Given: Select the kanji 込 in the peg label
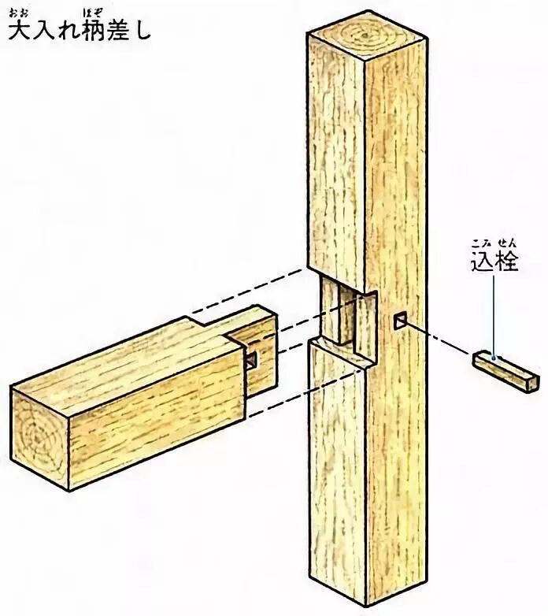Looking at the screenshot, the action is pyautogui.click(x=482, y=261).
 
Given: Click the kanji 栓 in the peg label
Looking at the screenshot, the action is pyautogui.click(x=505, y=261).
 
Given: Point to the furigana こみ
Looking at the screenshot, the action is pyautogui.click(x=482, y=242).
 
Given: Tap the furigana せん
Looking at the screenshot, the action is pyautogui.click(x=505, y=242).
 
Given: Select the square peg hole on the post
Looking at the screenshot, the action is pyautogui.click(x=400, y=320).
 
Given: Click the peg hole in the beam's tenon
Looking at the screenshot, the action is pyautogui.click(x=250, y=359).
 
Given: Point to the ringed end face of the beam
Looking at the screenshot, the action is pyautogui.click(x=39, y=433).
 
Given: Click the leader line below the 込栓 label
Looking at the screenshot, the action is pyautogui.click(x=494, y=315).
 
